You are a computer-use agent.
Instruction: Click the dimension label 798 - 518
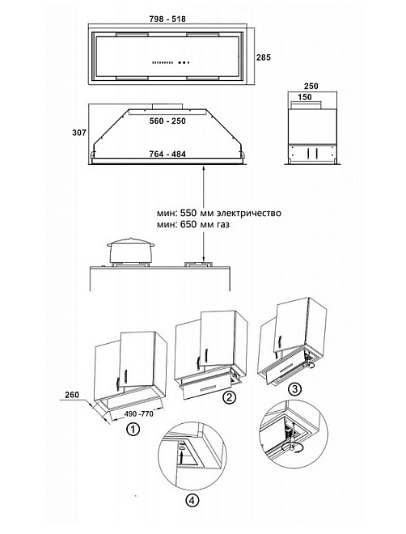(167, 19)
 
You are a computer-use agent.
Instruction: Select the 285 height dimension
(264, 57)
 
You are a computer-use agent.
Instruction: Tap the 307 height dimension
(79, 133)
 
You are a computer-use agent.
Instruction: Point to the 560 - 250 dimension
(167, 121)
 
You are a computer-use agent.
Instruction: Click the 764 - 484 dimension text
(167, 154)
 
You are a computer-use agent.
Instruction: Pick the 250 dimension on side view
(311, 86)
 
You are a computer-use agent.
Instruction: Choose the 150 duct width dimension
(305, 97)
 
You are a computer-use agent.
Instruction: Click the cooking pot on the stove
(130, 250)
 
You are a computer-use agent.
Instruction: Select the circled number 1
(133, 429)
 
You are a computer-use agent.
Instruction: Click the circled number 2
(230, 396)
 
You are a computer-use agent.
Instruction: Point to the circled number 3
(294, 389)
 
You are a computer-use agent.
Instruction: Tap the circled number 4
(192, 500)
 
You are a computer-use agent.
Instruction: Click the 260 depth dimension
(72, 395)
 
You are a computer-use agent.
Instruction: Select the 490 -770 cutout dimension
(138, 413)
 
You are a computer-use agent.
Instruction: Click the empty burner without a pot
(199, 264)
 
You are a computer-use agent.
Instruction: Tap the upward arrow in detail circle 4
(181, 456)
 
